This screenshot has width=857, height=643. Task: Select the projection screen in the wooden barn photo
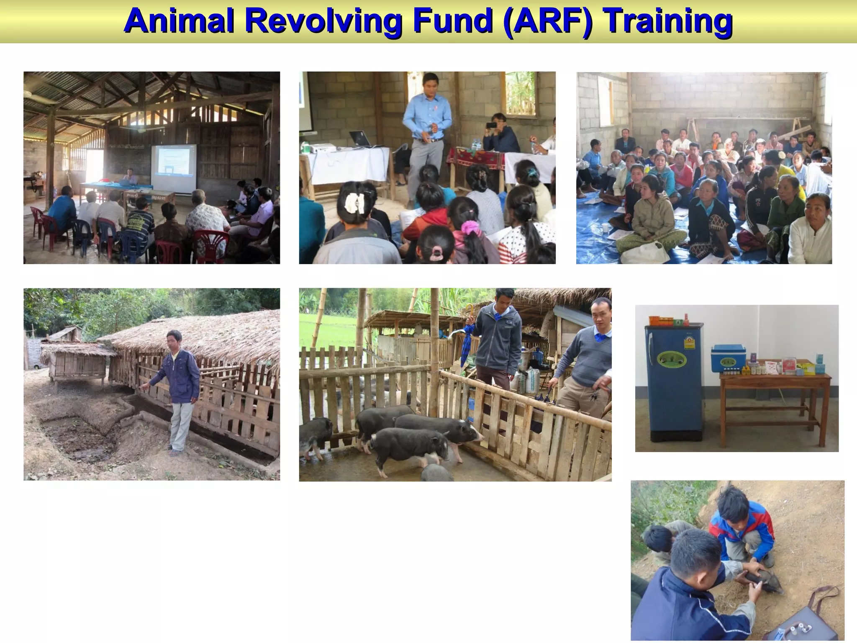[x=173, y=168]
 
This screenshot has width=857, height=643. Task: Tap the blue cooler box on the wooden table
[x=728, y=358]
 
